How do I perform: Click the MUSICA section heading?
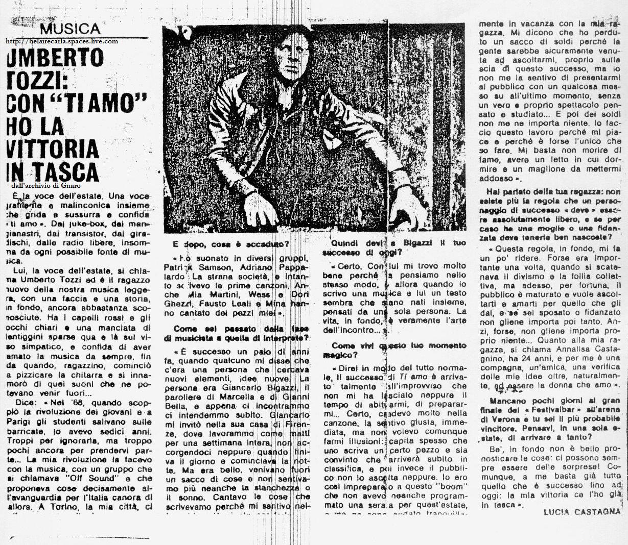click(70, 29)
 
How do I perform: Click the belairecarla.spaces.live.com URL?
click(62, 41)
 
